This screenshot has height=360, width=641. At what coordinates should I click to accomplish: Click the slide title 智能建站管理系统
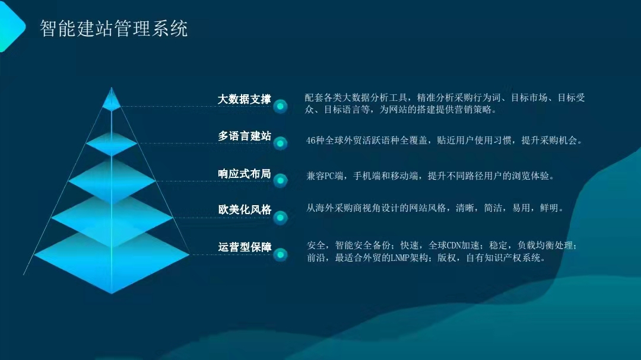point(113,28)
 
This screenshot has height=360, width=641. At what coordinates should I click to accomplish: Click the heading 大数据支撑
point(244,99)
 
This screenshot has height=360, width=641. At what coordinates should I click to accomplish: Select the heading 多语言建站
point(244,136)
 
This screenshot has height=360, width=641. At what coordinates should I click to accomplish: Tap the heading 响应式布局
point(244,174)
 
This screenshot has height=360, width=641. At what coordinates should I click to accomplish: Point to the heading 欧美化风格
point(245,209)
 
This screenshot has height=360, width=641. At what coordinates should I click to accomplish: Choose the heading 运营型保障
point(245,247)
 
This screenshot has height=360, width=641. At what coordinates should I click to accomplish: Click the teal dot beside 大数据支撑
point(280,107)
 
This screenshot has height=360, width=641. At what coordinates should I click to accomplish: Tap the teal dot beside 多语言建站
point(280,144)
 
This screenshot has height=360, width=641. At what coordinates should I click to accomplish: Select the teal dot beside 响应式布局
point(280,181)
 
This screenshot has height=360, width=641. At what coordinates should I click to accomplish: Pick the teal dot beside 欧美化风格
point(280,218)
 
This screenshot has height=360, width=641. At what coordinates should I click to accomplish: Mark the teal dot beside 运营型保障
point(280,255)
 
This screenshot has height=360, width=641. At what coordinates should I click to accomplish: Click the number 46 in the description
point(310,141)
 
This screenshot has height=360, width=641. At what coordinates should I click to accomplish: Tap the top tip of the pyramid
point(111,87)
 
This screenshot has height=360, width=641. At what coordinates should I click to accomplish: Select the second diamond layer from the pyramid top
point(112,144)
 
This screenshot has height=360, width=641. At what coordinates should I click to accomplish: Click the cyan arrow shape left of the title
point(12,27)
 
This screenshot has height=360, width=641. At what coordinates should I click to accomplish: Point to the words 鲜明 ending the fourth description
point(549,208)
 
